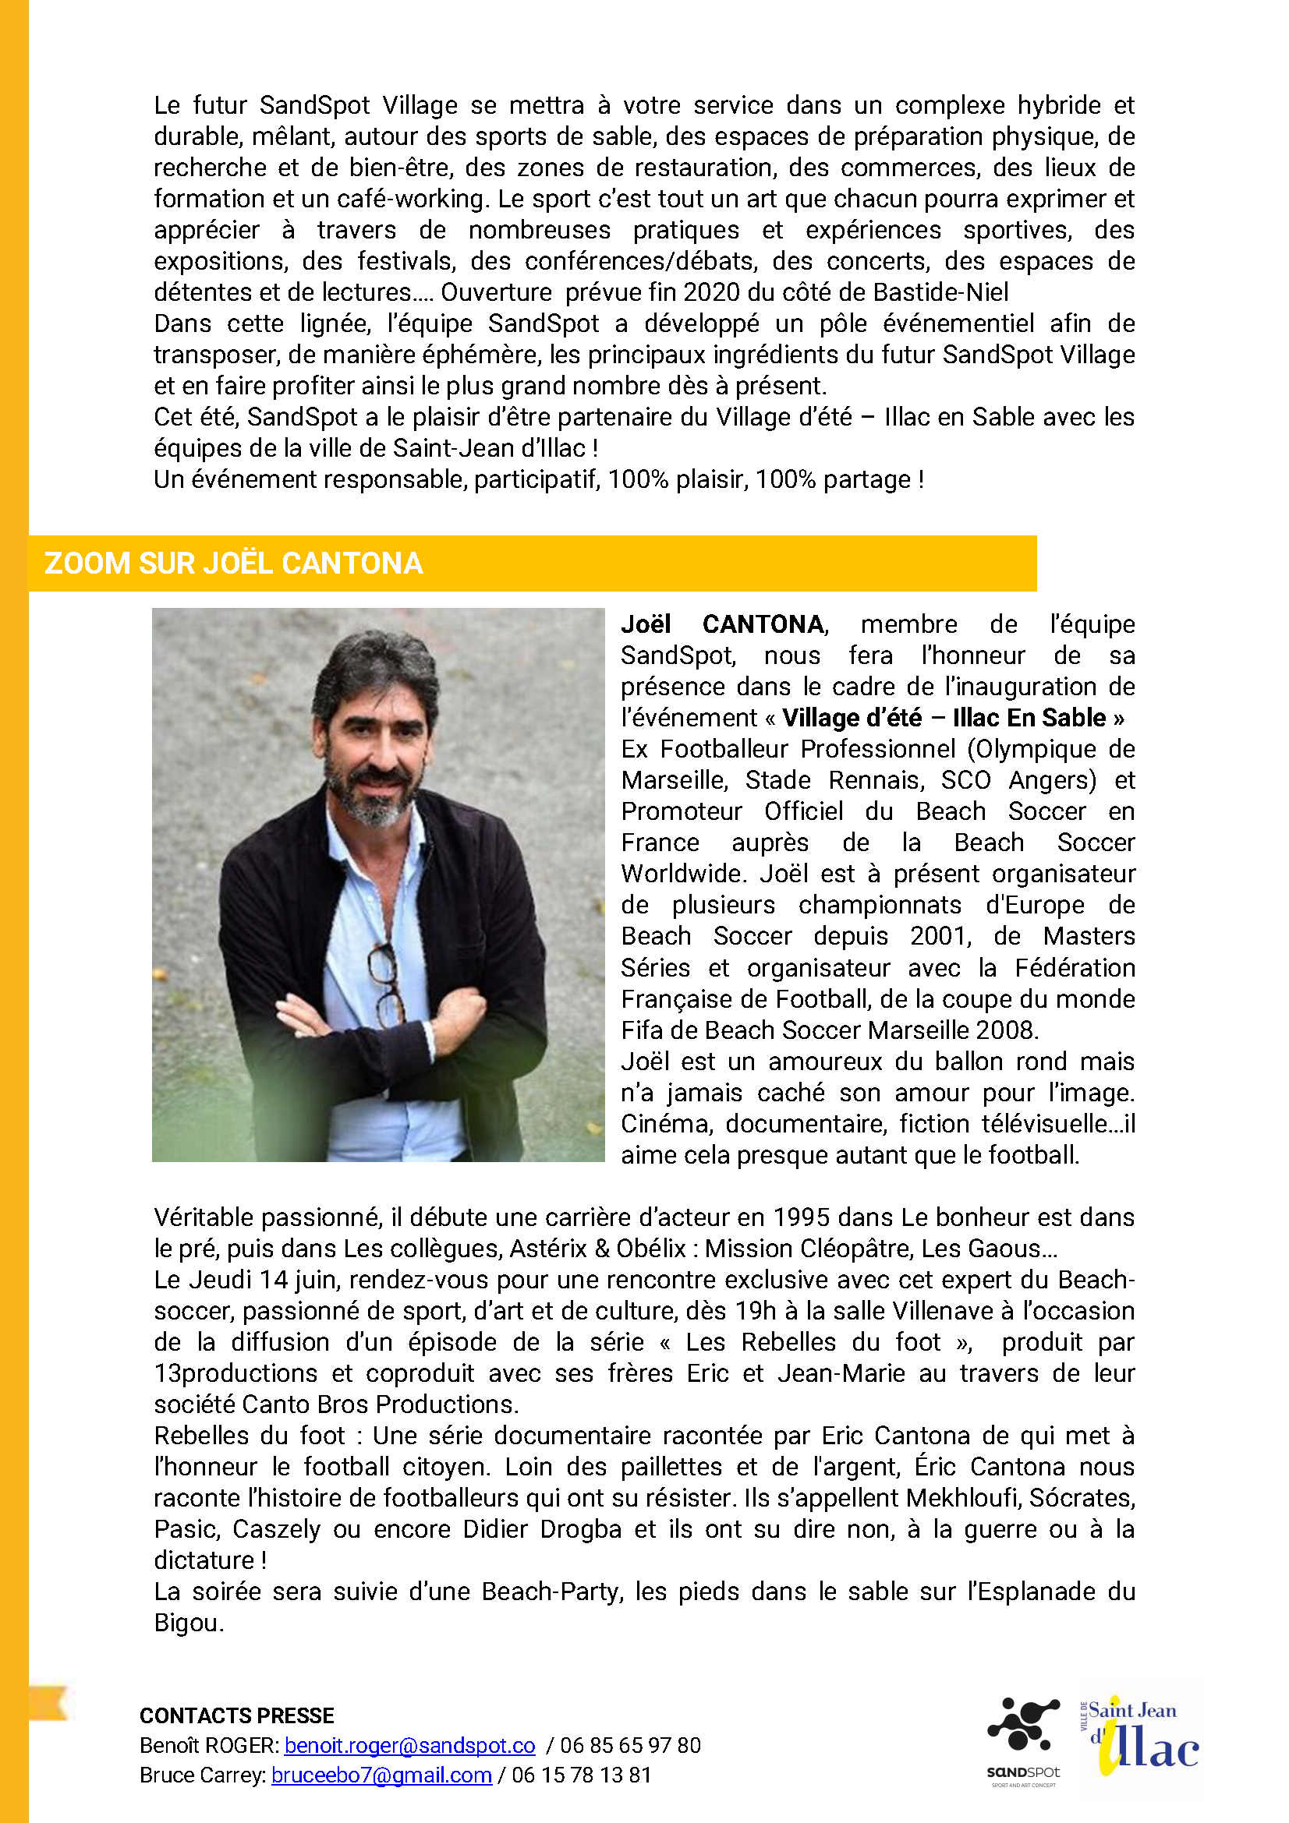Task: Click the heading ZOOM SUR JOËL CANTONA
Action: (233, 563)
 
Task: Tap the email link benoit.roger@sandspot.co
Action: (409, 1745)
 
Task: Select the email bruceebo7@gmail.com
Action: (381, 1775)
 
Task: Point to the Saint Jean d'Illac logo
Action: (1141, 1739)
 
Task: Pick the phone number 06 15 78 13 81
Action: (582, 1775)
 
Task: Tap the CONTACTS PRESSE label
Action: (237, 1715)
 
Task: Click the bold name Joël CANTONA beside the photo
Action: (723, 625)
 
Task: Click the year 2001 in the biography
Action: (940, 936)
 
